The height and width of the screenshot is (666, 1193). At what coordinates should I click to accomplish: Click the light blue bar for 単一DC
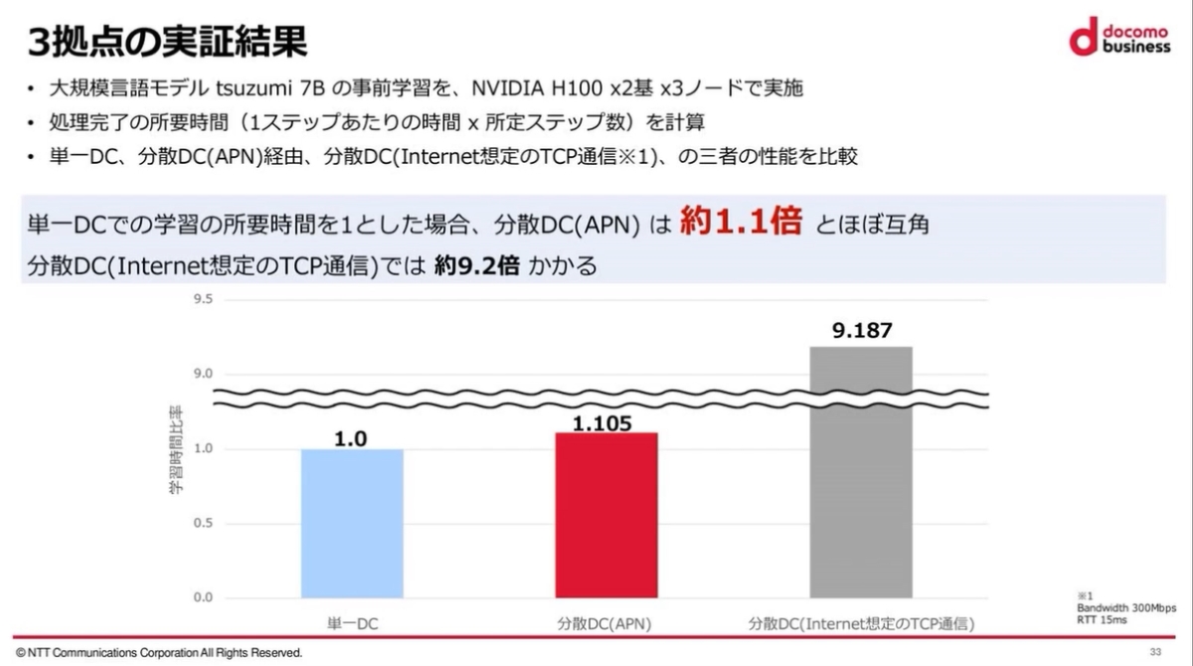coord(351,523)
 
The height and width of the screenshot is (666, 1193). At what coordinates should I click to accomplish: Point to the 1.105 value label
coord(602,422)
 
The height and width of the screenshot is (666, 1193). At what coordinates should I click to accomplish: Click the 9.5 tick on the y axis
coord(203,298)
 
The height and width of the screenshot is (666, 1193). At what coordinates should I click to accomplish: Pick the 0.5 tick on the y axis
coord(203,523)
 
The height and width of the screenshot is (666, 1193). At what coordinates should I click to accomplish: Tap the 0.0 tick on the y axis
coord(203,597)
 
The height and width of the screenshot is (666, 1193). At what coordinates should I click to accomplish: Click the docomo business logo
coord(1121,38)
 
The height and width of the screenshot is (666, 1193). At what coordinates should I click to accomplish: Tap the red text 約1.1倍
coord(741,223)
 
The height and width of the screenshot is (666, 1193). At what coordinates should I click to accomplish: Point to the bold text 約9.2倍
coord(476,265)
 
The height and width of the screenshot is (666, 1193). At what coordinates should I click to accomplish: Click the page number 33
coord(1155,652)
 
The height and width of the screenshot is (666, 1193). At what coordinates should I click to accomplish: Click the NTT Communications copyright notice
coord(159,653)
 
